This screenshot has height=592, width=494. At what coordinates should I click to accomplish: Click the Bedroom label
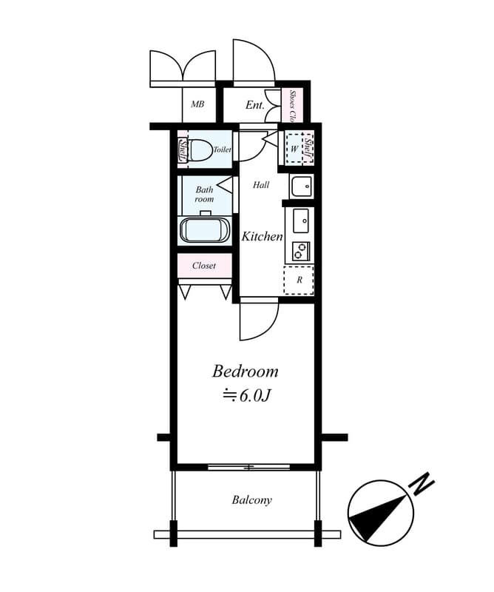pyautogui.click(x=246, y=371)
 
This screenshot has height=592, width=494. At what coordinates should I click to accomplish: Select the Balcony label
pyautogui.click(x=251, y=500)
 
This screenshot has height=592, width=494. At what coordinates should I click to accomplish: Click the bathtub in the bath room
pyautogui.click(x=205, y=231)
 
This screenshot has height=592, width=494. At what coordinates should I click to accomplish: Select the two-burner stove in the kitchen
pyautogui.click(x=301, y=251)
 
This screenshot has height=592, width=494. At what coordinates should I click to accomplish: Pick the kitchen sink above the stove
pyautogui.click(x=301, y=221)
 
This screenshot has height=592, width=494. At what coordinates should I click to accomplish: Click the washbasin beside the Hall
pyautogui.click(x=301, y=186)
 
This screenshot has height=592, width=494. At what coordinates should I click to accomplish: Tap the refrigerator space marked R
pyautogui.click(x=299, y=280)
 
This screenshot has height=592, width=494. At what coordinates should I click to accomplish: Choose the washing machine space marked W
pyautogui.click(x=294, y=149)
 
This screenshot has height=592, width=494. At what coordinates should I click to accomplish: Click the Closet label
pyautogui.click(x=204, y=266)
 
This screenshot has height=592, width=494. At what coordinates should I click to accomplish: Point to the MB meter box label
pyautogui.click(x=197, y=104)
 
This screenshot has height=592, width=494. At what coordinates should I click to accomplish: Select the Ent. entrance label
pyautogui.click(x=254, y=105)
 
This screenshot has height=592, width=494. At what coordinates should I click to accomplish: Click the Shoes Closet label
pyautogui.click(x=291, y=106)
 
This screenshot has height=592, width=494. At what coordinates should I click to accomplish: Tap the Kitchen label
pyautogui.click(x=262, y=236)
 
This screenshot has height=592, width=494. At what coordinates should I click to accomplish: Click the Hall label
pyautogui.click(x=261, y=184)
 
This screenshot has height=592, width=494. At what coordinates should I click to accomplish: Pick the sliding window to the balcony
pyautogui.click(x=248, y=467)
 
